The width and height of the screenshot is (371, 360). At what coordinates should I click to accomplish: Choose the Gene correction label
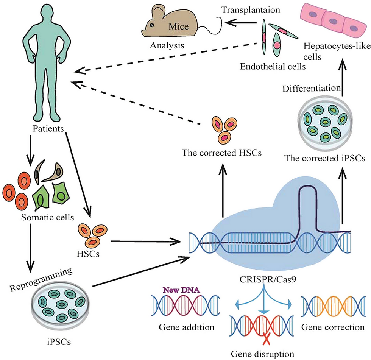click(332, 327)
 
